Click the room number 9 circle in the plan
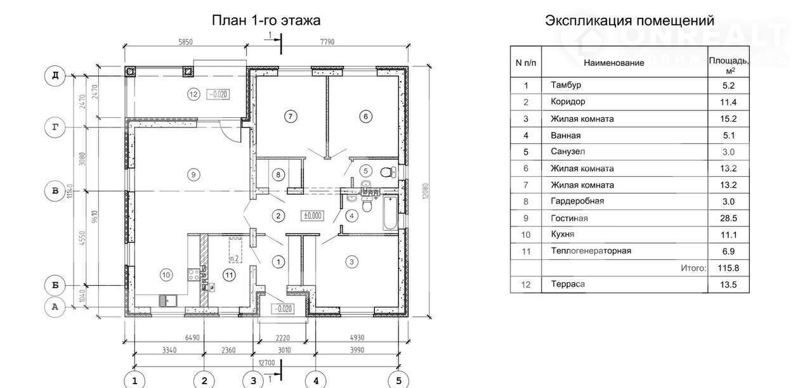click(193, 174)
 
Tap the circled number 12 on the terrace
click(193, 94)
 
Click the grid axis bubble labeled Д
click(55, 76)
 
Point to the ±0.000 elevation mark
click(313, 216)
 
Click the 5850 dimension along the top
click(185, 42)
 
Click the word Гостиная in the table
click(569, 218)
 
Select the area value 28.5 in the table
click(728, 218)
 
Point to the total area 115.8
click(728, 268)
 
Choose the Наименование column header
click(613, 63)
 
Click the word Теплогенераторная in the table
click(591, 251)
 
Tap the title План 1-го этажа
click(266, 21)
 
